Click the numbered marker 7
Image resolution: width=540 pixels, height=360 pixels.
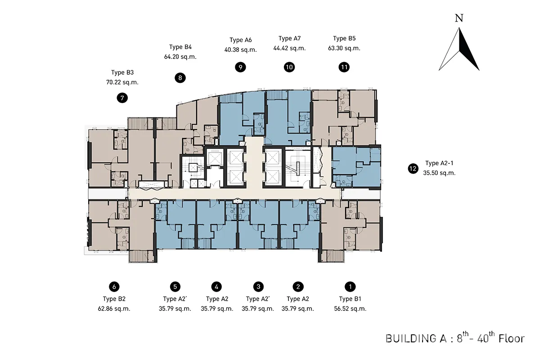(122, 98)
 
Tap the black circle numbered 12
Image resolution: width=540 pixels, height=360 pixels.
(413, 169)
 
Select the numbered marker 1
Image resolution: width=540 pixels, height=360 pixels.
(350, 287)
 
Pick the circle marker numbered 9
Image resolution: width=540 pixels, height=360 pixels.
(240, 67)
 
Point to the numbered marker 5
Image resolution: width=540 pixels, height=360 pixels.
(175, 287)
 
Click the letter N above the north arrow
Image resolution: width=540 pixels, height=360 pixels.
(459, 18)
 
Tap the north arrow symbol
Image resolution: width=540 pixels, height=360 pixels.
(459, 49)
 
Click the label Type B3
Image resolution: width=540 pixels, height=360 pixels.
(122, 72)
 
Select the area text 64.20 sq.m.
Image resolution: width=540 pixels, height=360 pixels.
(180, 57)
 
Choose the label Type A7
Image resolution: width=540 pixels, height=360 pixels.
(289, 39)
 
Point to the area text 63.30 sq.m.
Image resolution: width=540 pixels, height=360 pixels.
(344, 48)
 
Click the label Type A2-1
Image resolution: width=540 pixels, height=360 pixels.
(439, 163)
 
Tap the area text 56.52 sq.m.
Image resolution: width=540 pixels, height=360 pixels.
(350, 309)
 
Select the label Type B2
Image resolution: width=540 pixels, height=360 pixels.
(114, 299)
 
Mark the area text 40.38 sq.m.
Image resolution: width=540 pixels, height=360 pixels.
(241, 50)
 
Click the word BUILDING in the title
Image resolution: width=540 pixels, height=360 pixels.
(411, 339)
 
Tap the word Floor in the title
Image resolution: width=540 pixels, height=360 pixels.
(512, 338)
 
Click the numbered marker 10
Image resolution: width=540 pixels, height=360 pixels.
(289, 67)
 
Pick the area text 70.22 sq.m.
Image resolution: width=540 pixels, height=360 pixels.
(122, 82)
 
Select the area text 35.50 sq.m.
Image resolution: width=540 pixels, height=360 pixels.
(439, 173)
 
